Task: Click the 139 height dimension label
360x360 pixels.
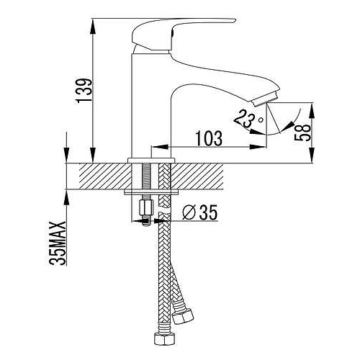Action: (x=84, y=90)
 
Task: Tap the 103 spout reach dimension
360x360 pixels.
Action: (x=210, y=138)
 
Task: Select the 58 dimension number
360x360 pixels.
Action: (x=302, y=132)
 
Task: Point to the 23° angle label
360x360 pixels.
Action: (x=248, y=118)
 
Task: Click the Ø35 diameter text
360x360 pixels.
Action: (x=199, y=212)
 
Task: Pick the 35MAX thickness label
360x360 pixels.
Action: (x=58, y=243)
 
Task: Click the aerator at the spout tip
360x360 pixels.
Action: (x=265, y=99)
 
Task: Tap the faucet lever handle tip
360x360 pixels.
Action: (x=234, y=21)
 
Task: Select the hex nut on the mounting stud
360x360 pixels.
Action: (x=146, y=208)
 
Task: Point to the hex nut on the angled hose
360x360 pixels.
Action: (x=183, y=315)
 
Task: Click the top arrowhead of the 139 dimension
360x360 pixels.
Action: (x=93, y=26)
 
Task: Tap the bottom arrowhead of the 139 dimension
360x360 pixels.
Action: (x=93, y=156)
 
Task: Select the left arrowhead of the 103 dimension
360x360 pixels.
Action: (x=160, y=147)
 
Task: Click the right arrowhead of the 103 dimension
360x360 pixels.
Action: (x=258, y=147)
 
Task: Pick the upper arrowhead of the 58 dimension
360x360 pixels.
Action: (x=312, y=110)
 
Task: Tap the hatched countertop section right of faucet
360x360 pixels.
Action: (x=198, y=176)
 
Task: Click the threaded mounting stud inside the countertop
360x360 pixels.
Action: (x=146, y=177)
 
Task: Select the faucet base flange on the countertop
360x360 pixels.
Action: (x=151, y=161)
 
